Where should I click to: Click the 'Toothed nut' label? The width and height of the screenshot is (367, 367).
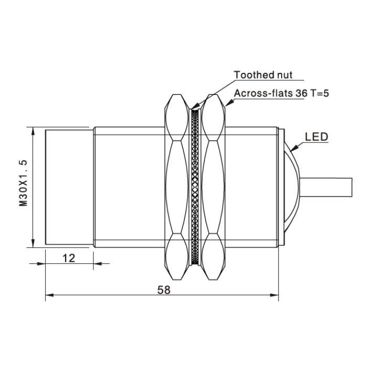coord(263,75)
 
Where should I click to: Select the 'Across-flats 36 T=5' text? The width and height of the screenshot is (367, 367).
coord(282,93)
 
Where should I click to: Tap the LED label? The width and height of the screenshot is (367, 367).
coord(317,137)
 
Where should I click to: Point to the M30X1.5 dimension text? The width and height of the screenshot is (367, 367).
coord(23,183)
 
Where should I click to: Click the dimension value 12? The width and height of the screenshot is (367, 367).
coord(69,258)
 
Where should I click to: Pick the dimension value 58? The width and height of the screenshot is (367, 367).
coord(164,290)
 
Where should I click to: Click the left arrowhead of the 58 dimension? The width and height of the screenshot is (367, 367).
coord(49,295)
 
